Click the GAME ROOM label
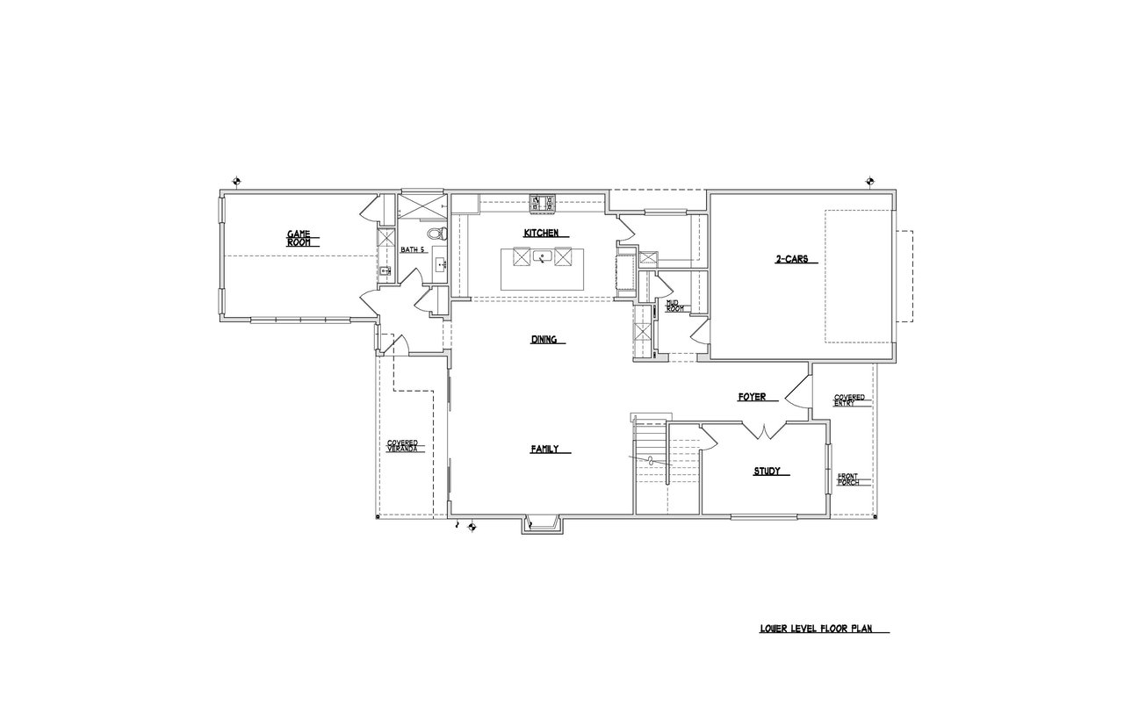[x=299, y=238]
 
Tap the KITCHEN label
[x=541, y=233]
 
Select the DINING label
[x=544, y=340]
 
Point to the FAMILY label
[x=544, y=449]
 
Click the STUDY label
[x=767, y=471]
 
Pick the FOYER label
[x=753, y=397]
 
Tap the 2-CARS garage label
[x=792, y=259]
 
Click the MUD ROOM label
[x=674, y=306]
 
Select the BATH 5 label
[x=413, y=249]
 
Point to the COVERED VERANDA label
[x=402, y=446]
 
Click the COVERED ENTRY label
[x=849, y=399]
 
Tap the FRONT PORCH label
[x=848, y=479]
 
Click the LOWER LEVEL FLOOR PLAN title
[x=816, y=628]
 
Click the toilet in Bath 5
[x=436, y=234]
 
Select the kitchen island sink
[x=543, y=257]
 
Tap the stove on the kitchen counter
[x=544, y=204]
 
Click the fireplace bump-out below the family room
[x=543, y=524]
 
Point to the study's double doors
[x=764, y=431]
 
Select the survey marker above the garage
[x=870, y=181]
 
